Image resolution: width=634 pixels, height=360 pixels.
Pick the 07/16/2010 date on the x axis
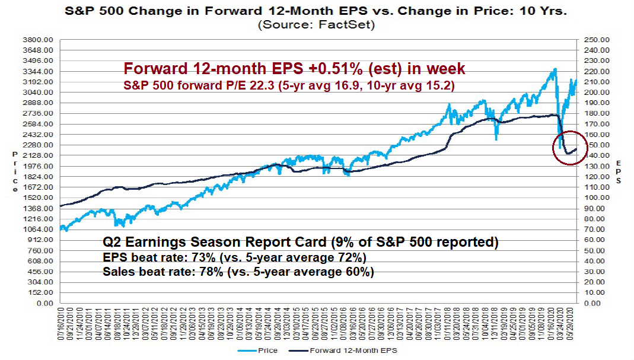click(x=62, y=323)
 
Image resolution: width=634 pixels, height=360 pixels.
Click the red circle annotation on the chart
click(x=570, y=148)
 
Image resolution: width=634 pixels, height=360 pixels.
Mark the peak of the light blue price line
click(x=555, y=69)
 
